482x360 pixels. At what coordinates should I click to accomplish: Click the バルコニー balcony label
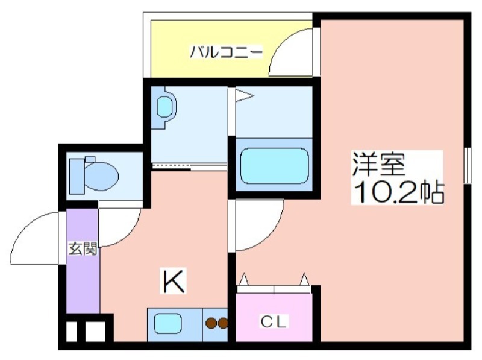pyautogui.click(x=226, y=52)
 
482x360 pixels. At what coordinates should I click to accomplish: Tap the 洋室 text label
pyautogui.click(x=378, y=164)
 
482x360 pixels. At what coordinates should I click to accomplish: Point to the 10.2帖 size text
pyautogui.click(x=399, y=192)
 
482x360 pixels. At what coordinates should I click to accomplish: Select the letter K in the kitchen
pyautogui.click(x=174, y=281)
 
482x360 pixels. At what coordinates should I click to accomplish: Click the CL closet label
pyautogui.click(x=274, y=321)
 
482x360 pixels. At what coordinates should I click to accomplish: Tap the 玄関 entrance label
pyautogui.click(x=83, y=248)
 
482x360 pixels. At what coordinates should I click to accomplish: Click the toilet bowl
pyautogui.click(x=94, y=176)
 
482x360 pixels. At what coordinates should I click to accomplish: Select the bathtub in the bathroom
pyautogui.click(x=274, y=166)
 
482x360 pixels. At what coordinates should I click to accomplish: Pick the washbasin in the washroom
pyautogui.click(x=164, y=107)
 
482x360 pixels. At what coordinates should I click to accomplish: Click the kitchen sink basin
pyautogui.click(x=167, y=323)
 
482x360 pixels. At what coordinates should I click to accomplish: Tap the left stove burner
pyautogui.click(x=211, y=323)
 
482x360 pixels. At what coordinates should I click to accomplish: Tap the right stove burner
pyautogui.click(x=222, y=323)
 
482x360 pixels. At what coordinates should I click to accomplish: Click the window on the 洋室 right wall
pyautogui.click(x=468, y=166)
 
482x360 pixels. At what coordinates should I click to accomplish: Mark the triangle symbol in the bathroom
pyautogui.click(x=244, y=95)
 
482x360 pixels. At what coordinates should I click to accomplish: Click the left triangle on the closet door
pyautogui.click(x=244, y=279)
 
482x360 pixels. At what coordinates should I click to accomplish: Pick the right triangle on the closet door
pyautogui.click(x=304, y=279)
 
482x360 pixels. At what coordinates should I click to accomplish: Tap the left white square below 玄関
pyautogui.click(x=72, y=332)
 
